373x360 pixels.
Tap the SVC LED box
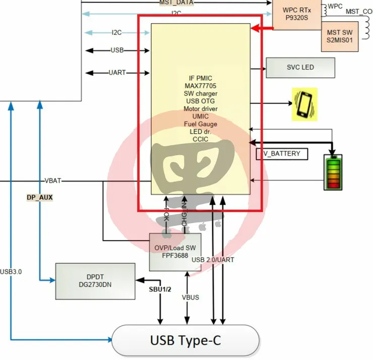(300, 68)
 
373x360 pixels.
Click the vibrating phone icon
(304, 104)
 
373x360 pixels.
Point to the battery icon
(332, 172)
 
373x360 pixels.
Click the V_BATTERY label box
(282, 154)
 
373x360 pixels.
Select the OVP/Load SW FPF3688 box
(171, 251)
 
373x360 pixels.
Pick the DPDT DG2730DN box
(95, 280)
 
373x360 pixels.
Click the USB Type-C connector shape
(185, 341)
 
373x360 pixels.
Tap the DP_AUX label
(40, 198)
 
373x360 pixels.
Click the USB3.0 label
(11, 271)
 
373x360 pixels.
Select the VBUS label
(190, 297)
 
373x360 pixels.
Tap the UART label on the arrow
(117, 73)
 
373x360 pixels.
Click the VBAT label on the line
(54, 180)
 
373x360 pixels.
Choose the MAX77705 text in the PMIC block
(200, 85)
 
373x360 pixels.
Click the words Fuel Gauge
(200, 124)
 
